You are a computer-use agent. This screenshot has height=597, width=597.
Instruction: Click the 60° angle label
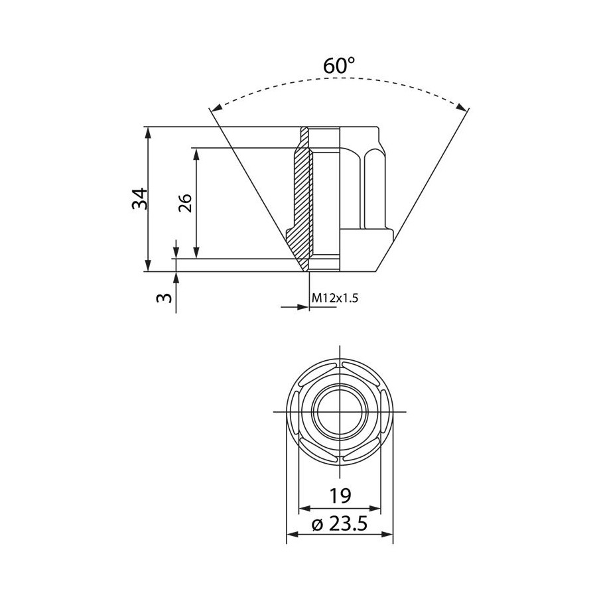click(x=339, y=66)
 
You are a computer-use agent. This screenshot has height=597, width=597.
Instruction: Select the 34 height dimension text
click(x=140, y=198)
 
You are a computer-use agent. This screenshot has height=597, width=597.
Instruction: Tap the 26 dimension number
click(x=186, y=203)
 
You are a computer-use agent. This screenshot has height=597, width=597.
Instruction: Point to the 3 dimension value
click(x=164, y=297)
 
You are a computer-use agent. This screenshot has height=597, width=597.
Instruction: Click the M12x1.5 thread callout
click(x=335, y=298)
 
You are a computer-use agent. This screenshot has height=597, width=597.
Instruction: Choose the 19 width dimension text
click(x=340, y=496)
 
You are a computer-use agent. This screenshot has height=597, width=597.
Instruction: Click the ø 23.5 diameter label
click(x=340, y=524)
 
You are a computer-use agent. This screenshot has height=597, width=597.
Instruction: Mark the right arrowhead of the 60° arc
click(x=462, y=107)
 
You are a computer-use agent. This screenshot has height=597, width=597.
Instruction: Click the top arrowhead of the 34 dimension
click(x=149, y=132)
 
